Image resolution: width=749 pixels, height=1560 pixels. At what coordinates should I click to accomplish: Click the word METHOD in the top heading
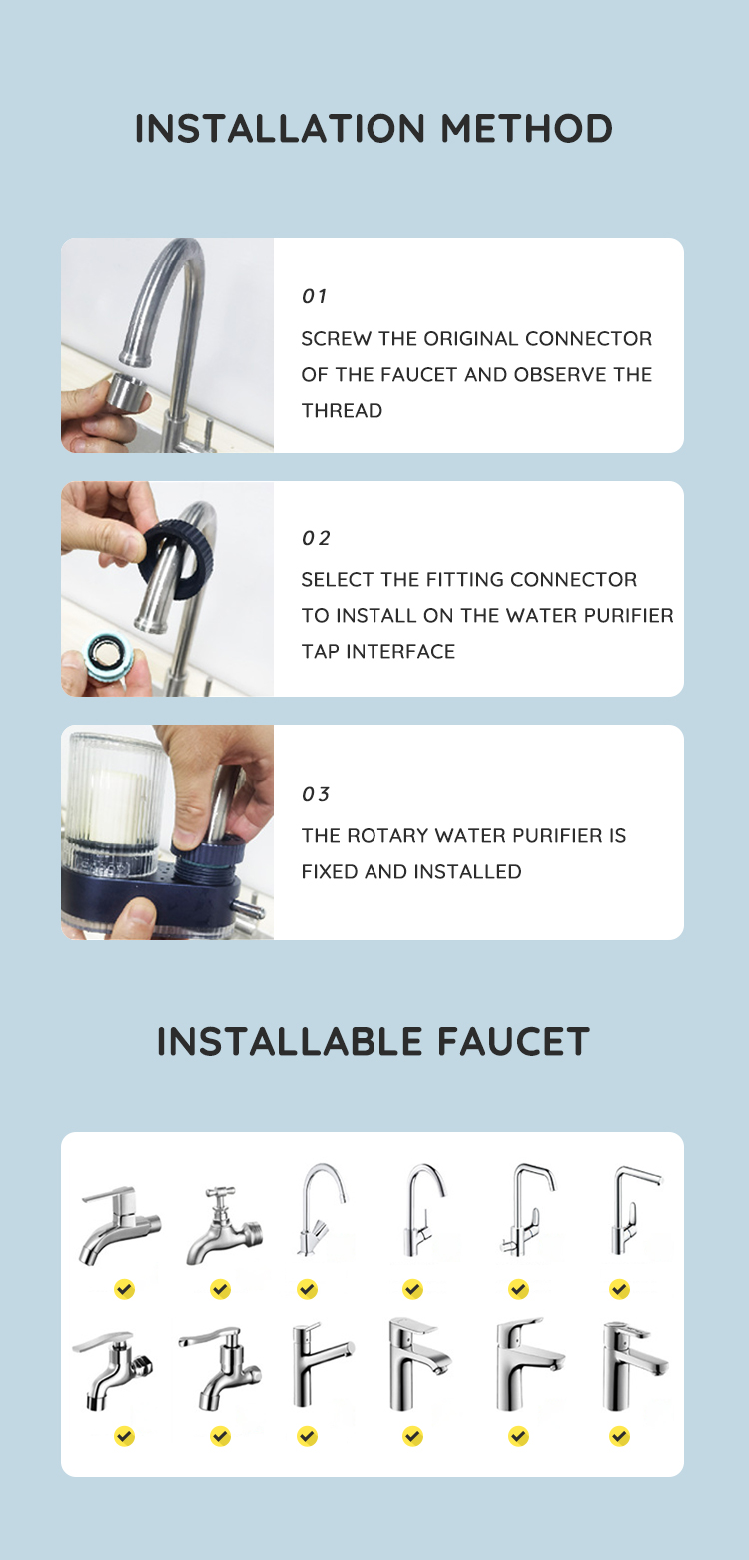[526, 129]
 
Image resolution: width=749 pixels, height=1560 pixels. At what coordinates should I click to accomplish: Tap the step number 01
[314, 296]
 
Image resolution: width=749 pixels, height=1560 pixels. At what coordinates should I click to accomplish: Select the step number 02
[316, 538]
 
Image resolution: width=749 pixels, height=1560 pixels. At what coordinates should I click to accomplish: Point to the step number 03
[316, 794]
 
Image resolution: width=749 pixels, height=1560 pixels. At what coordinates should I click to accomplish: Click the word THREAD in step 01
[342, 411]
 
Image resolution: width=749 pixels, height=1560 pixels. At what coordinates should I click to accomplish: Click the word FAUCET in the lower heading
[513, 1042]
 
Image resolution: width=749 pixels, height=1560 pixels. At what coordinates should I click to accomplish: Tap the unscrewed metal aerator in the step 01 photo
[128, 393]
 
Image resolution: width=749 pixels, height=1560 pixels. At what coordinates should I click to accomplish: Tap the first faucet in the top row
[121, 1225]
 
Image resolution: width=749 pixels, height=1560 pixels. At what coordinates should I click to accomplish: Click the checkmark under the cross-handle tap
[220, 1290]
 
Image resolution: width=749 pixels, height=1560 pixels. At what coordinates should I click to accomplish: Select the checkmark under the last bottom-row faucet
[619, 1436]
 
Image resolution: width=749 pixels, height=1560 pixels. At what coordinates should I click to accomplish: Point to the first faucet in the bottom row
[113, 1371]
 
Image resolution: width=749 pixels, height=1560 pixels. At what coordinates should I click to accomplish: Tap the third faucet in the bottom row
[322, 1365]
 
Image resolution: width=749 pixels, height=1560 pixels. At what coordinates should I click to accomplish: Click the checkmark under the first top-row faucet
[124, 1290]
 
